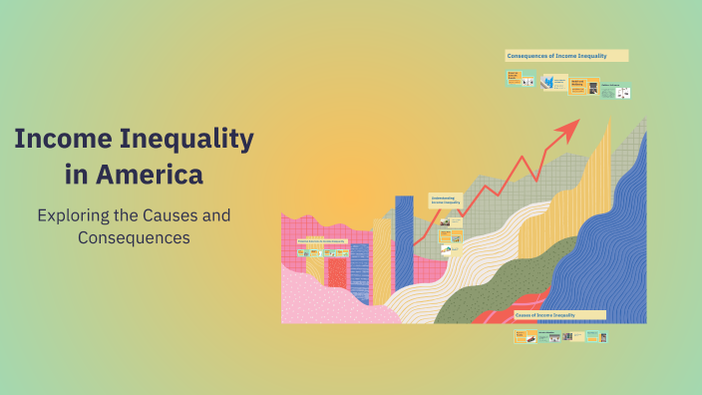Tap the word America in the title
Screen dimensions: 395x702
pos(149,174)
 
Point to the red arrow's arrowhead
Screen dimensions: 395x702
pos(570,127)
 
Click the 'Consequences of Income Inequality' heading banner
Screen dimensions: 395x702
pos(566,56)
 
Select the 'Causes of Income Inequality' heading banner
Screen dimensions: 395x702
pos(559,314)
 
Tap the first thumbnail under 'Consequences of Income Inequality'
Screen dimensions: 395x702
pos(515,77)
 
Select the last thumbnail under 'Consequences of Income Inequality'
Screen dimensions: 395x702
pos(622,92)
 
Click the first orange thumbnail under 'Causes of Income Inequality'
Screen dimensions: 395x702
pos(522,337)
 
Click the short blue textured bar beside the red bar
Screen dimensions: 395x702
pos(359,269)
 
